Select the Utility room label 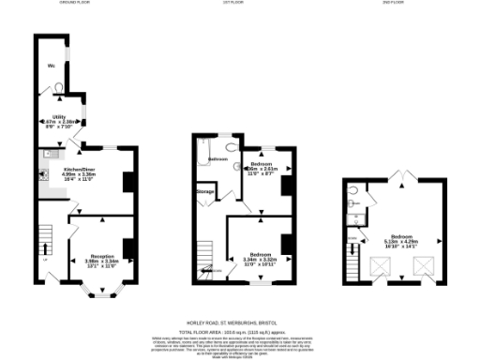click(57, 117)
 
